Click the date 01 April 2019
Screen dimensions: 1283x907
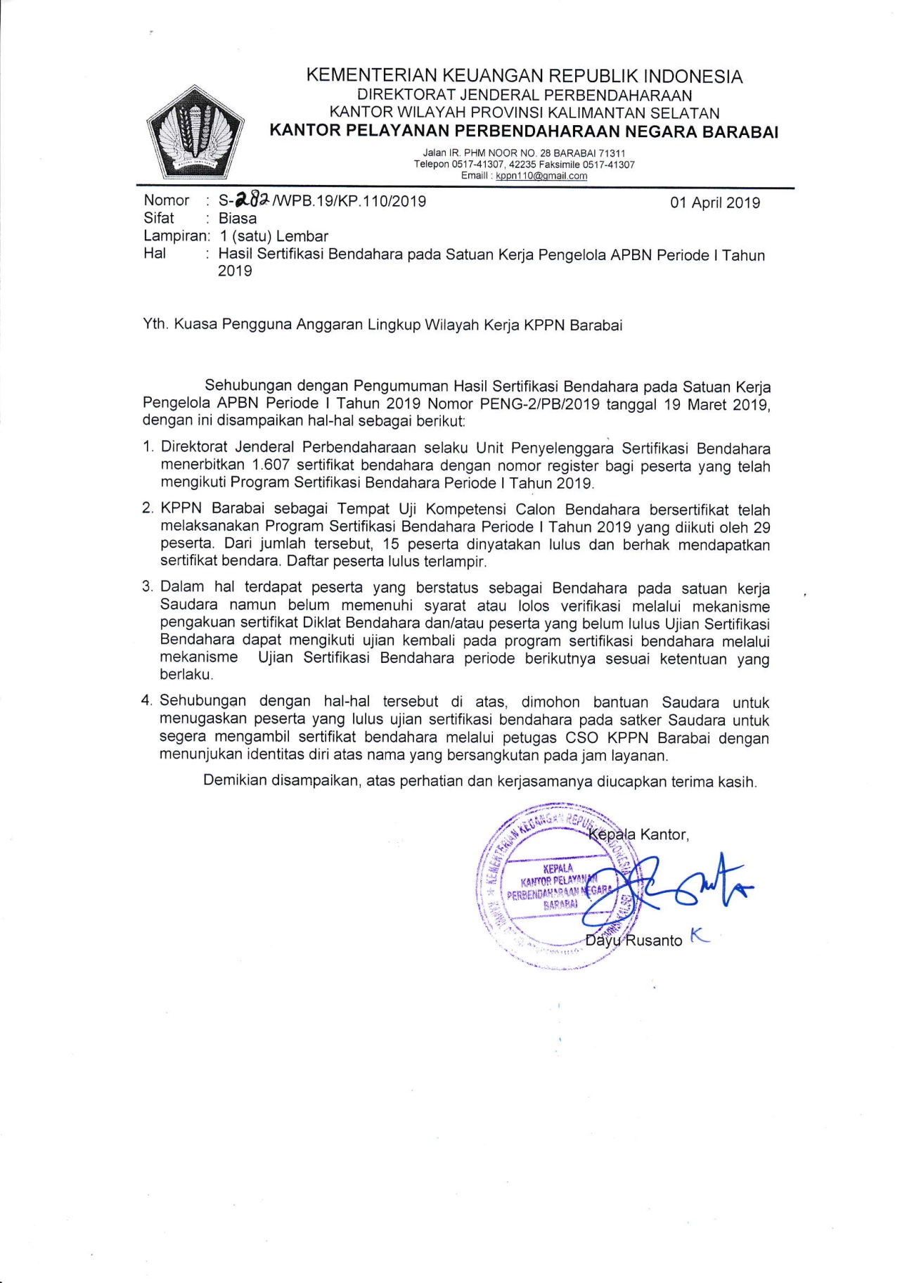714,203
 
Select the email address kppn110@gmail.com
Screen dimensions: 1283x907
541,176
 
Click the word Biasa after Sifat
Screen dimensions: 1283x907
237,219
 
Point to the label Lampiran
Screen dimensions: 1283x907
175,236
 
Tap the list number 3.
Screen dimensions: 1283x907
148,587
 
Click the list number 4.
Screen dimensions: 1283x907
147,701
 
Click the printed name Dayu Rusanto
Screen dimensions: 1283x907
633,941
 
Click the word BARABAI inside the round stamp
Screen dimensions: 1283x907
560,905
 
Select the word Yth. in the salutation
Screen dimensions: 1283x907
155,325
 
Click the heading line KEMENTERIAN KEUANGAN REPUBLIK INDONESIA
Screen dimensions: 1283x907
524,76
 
